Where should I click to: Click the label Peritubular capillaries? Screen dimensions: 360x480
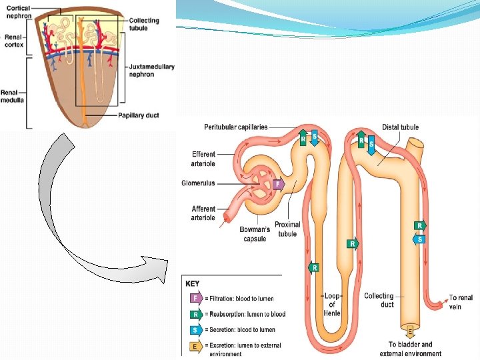pyautogui.click(x=236, y=127)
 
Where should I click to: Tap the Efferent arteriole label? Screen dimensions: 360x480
pyautogui.click(x=203, y=159)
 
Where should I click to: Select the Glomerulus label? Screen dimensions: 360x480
pyautogui.click(x=198, y=183)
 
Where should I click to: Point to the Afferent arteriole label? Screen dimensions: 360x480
pyautogui.click(x=203, y=213)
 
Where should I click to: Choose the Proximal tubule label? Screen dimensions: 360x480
pyautogui.click(x=287, y=229)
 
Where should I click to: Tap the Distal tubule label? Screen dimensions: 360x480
pyautogui.click(x=400, y=127)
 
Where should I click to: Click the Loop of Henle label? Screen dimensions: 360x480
pyautogui.click(x=332, y=305)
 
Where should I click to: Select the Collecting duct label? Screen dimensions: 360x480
pyautogui.click(x=379, y=300)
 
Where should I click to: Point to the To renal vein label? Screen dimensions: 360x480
pyautogui.click(x=461, y=302)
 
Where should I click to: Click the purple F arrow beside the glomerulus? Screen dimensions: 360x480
pyautogui.click(x=278, y=183)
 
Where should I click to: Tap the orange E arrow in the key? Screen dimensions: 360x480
pyautogui.click(x=195, y=346)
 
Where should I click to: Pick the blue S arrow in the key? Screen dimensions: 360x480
pyautogui.click(x=195, y=330)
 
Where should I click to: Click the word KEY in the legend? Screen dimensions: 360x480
pyautogui.click(x=192, y=284)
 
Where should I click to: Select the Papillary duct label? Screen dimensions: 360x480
pyautogui.click(x=138, y=115)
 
